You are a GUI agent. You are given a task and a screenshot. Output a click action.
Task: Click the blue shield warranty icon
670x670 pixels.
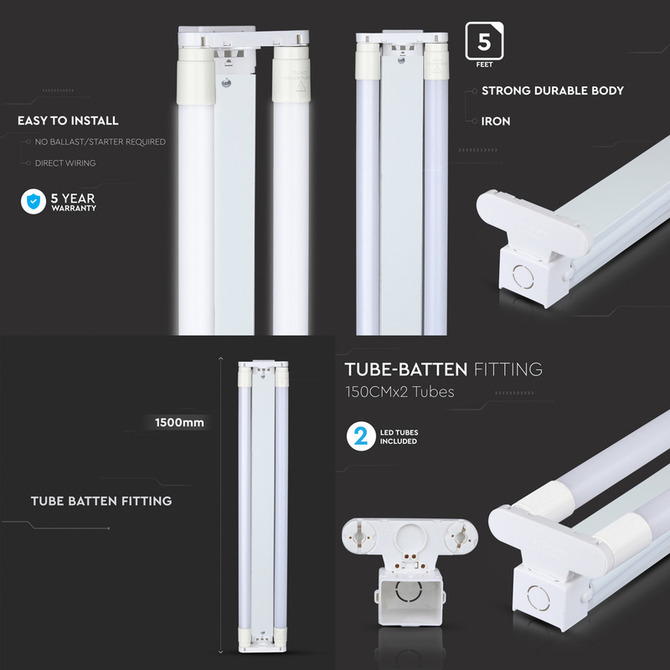tap(33, 201)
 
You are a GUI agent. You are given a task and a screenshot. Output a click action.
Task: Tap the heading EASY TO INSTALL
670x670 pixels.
tap(68, 121)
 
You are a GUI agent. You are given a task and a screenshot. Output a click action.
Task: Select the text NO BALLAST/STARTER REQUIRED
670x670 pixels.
tap(100, 142)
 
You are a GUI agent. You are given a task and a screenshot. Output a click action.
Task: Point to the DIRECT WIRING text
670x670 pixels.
tap(64, 163)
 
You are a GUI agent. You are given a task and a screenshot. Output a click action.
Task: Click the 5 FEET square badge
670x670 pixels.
tap(484, 44)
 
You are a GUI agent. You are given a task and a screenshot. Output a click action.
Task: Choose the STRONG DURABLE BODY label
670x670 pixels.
tap(552, 90)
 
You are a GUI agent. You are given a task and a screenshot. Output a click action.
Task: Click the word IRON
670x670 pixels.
tap(496, 121)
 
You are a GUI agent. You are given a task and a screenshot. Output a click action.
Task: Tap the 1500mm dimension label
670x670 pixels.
tap(178, 422)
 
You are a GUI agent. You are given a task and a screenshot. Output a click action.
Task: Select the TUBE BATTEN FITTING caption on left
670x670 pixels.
tap(101, 501)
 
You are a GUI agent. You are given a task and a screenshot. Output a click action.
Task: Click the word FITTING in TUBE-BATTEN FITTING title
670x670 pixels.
tap(508, 369)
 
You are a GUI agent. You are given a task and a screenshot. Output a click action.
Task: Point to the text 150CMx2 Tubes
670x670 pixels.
tap(399, 392)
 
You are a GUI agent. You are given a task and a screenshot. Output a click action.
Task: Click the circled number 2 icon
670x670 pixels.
tap(361, 436)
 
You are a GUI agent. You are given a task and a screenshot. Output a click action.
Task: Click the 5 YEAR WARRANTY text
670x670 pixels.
tap(73, 202)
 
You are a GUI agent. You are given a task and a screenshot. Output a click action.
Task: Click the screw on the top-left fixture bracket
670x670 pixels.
tap(225, 82)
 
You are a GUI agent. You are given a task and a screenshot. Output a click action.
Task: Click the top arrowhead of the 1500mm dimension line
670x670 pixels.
tap(221, 358)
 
